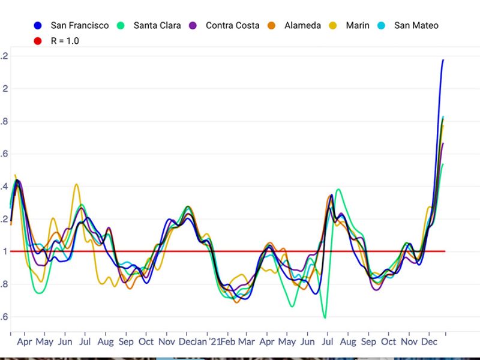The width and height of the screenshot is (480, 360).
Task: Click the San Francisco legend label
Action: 80,25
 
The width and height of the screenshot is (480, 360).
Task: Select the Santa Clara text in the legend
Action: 157,25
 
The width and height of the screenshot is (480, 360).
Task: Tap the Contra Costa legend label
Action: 232,25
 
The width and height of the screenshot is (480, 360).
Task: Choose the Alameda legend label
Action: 302,25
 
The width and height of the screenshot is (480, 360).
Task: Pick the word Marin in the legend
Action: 358,25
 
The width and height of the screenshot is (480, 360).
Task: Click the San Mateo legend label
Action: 416,25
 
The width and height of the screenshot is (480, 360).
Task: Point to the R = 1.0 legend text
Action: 65,41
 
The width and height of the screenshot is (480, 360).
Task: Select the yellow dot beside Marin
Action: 334,25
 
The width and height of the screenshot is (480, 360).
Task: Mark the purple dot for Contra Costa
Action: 193,25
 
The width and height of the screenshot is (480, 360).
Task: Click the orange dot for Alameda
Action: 271,25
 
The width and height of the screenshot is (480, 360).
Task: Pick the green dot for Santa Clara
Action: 121,25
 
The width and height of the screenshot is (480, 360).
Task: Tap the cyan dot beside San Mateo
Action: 382,25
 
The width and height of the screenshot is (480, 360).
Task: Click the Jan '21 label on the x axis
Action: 208,342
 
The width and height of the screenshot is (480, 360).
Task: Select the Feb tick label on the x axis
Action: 227,342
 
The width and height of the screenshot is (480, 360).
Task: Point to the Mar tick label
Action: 247,342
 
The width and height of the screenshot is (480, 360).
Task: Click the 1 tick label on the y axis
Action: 5,251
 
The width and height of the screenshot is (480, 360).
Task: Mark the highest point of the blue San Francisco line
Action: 443,60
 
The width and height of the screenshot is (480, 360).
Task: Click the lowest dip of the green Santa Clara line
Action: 325,317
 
